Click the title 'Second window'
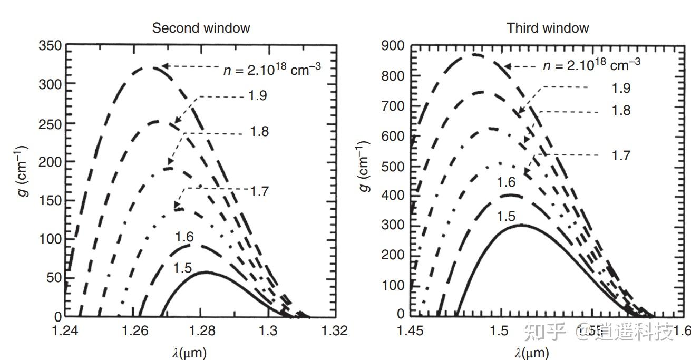[x=201, y=28]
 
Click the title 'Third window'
[x=548, y=28]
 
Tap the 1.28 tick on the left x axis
[x=201, y=331]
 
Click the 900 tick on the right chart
[x=393, y=46]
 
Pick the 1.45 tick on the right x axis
[x=410, y=331]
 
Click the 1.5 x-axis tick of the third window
[x=499, y=331]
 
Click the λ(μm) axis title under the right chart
[x=532, y=352]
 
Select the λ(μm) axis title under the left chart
[x=189, y=352]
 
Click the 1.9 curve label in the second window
[x=257, y=96]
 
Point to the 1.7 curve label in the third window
[x=620, y=155]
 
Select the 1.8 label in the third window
[x=620, y=111]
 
